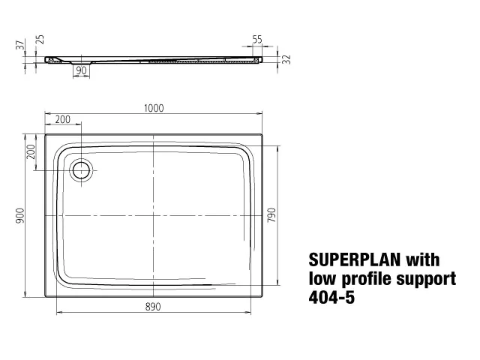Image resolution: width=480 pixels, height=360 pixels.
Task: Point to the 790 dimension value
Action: point(272,215)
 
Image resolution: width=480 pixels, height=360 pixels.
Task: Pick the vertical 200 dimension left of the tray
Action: point(31,151)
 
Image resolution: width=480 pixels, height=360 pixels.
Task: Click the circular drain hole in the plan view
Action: point(80,169)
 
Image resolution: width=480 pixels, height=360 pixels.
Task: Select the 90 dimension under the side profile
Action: point(81,70)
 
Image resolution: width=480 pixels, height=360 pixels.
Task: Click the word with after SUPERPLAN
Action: point(423,260)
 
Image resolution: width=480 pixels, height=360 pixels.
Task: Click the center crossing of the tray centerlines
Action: point(153,216)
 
